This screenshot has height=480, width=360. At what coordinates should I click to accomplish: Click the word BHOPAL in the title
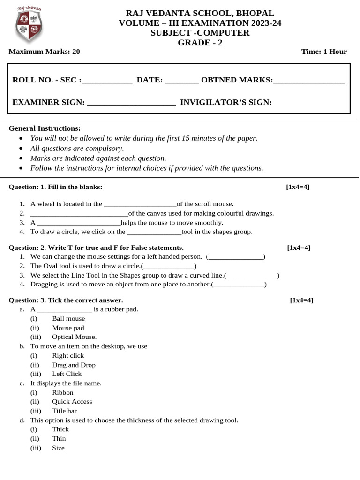254,13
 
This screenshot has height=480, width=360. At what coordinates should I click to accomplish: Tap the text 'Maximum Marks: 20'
45,52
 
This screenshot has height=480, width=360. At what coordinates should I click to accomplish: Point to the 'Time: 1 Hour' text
324,52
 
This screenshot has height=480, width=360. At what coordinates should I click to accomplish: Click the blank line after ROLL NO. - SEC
107,81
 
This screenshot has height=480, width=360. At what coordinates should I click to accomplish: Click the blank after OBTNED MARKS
309,81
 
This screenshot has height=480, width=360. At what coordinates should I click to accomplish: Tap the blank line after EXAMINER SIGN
132,102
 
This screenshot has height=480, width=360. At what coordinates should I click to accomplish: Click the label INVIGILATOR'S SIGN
226,102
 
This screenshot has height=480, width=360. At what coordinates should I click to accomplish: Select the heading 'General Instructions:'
45,128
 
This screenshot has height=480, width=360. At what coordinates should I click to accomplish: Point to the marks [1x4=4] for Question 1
298,187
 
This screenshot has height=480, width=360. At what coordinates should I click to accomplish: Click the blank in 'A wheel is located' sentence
139,204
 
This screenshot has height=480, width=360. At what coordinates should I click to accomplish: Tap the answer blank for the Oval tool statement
169,266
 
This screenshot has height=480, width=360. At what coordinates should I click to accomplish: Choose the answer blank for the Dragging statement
239,285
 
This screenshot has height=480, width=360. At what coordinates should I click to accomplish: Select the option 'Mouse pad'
68,328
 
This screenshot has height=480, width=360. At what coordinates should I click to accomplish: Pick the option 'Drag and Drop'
74,365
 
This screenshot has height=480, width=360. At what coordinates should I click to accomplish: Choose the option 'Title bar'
64,411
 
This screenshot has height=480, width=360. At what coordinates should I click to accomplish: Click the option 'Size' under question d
58,448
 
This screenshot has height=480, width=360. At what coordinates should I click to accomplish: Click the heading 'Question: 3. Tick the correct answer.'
66,300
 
